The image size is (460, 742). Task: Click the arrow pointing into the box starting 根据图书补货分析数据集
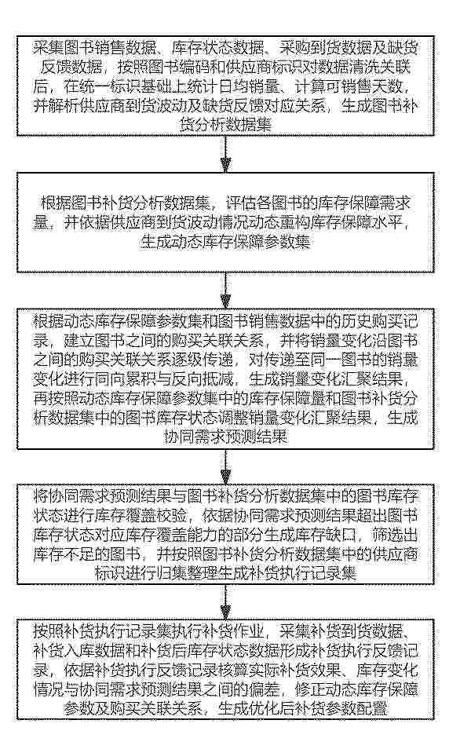click(226, 154)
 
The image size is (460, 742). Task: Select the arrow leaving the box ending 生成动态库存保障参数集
click(226, 291)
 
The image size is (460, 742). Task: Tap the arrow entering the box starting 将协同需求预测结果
click(226, 466)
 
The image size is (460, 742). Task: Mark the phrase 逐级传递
click(203, 360)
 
